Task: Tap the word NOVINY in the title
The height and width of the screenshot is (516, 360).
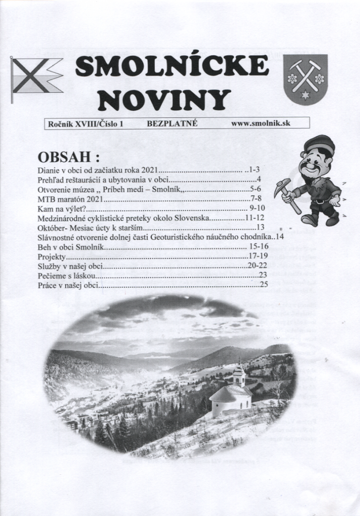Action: (164, 99)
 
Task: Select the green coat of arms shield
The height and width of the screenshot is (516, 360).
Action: (305, 80)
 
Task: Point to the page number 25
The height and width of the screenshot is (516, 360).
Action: (263, 285)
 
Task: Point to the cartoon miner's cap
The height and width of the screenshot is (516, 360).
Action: (319, 146)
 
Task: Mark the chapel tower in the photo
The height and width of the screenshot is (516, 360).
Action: (239, 375)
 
